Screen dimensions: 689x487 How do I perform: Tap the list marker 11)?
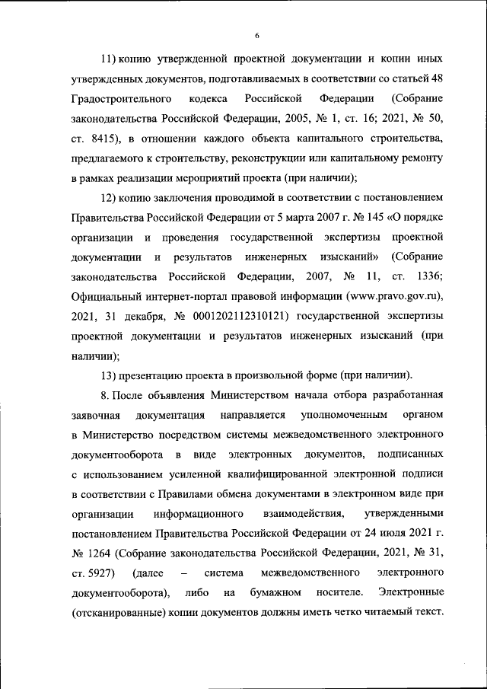[110, 59]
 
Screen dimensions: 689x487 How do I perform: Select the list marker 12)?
[110, 199]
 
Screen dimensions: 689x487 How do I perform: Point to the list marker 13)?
[110, 375]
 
